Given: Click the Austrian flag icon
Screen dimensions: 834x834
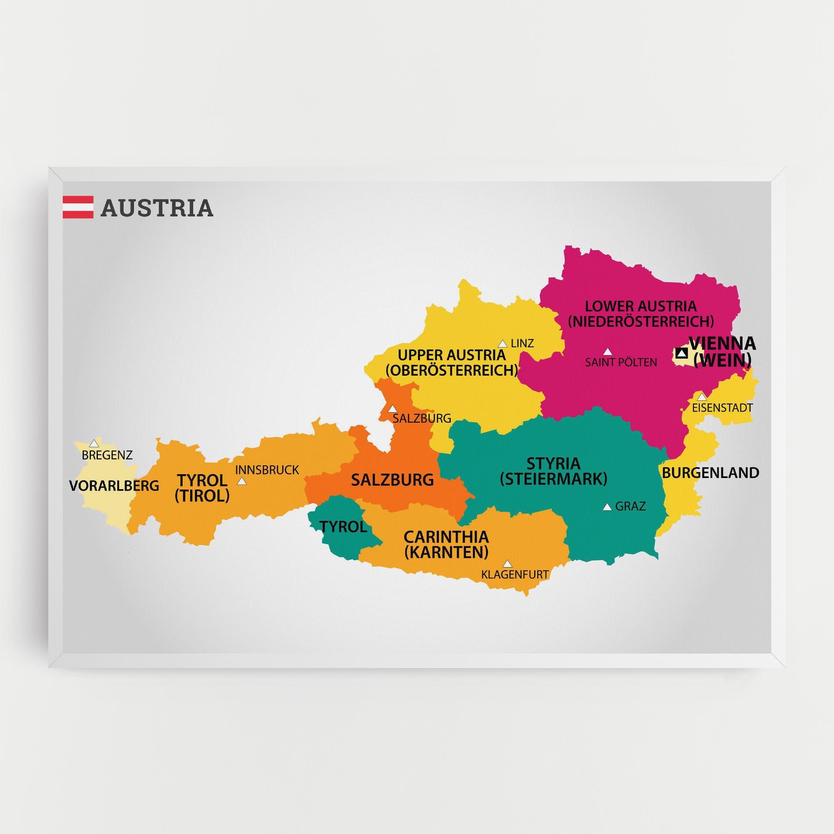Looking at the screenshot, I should [78, 207].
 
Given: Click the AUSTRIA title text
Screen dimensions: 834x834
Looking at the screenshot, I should [157, 208].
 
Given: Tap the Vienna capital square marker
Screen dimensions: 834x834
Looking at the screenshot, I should [681, 353].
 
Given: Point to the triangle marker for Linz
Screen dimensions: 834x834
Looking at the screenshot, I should [502, 344].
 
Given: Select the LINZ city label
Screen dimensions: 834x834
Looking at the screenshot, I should [522, 343].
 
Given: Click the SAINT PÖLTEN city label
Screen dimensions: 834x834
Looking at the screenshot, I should [621, 362].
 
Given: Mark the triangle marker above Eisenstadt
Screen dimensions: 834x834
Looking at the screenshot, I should [702, 397].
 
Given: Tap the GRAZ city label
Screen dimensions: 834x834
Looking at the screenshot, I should [630, 507].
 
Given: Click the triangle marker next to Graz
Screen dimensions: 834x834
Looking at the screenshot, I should [607, 507].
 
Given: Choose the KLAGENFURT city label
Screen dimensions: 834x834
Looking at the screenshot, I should [515, 574].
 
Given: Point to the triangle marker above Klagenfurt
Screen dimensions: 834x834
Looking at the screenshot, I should [507, 564].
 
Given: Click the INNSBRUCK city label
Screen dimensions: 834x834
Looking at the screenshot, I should [267, 470].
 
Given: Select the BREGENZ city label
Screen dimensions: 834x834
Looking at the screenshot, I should [107, 455].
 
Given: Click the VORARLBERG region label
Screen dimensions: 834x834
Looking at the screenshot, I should [114, 485].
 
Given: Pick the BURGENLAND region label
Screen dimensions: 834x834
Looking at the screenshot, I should [710, 473].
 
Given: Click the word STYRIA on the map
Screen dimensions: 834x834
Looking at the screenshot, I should [553, 464].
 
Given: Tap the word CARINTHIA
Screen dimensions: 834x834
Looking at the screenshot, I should [446, 537].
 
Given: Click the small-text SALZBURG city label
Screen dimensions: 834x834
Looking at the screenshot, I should [422, 418].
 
